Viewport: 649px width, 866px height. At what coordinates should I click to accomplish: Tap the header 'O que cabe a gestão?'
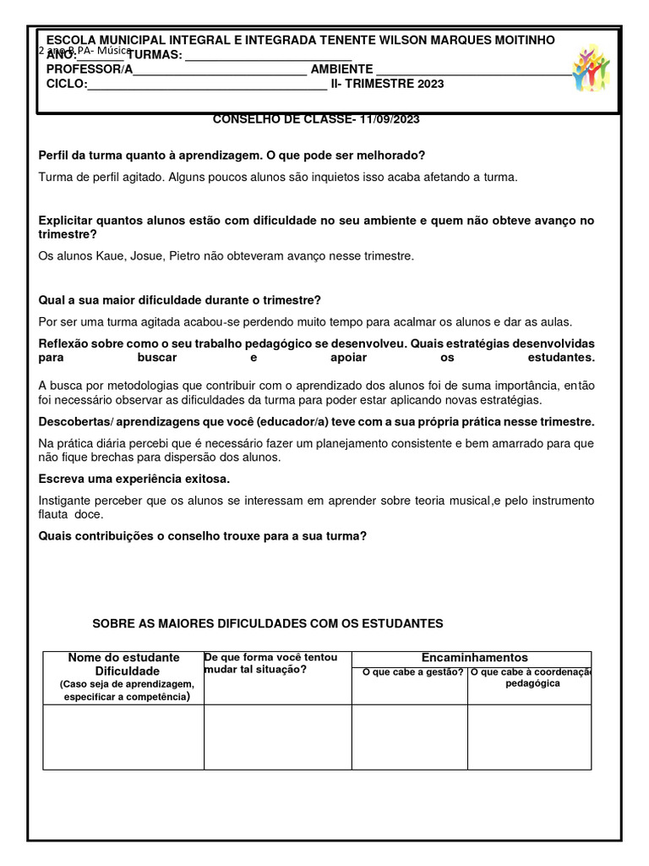pos(412,672)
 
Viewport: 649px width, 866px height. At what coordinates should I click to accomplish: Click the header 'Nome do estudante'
pos(123,657)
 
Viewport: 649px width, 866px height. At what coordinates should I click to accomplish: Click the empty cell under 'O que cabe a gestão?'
pos(410,737)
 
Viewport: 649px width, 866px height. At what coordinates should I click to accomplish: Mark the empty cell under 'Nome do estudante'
pos(123,737)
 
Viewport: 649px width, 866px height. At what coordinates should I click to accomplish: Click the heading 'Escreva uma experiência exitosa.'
pos(134,480)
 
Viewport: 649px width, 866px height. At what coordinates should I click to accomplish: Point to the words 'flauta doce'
pos(71,514)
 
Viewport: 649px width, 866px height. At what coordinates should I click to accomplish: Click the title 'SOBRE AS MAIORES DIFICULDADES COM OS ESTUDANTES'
pos(267,623)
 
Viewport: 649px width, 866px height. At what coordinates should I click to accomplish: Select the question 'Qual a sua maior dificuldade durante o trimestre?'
pos(180,300)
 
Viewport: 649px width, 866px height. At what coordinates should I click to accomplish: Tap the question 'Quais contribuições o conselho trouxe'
pos(203,535)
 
